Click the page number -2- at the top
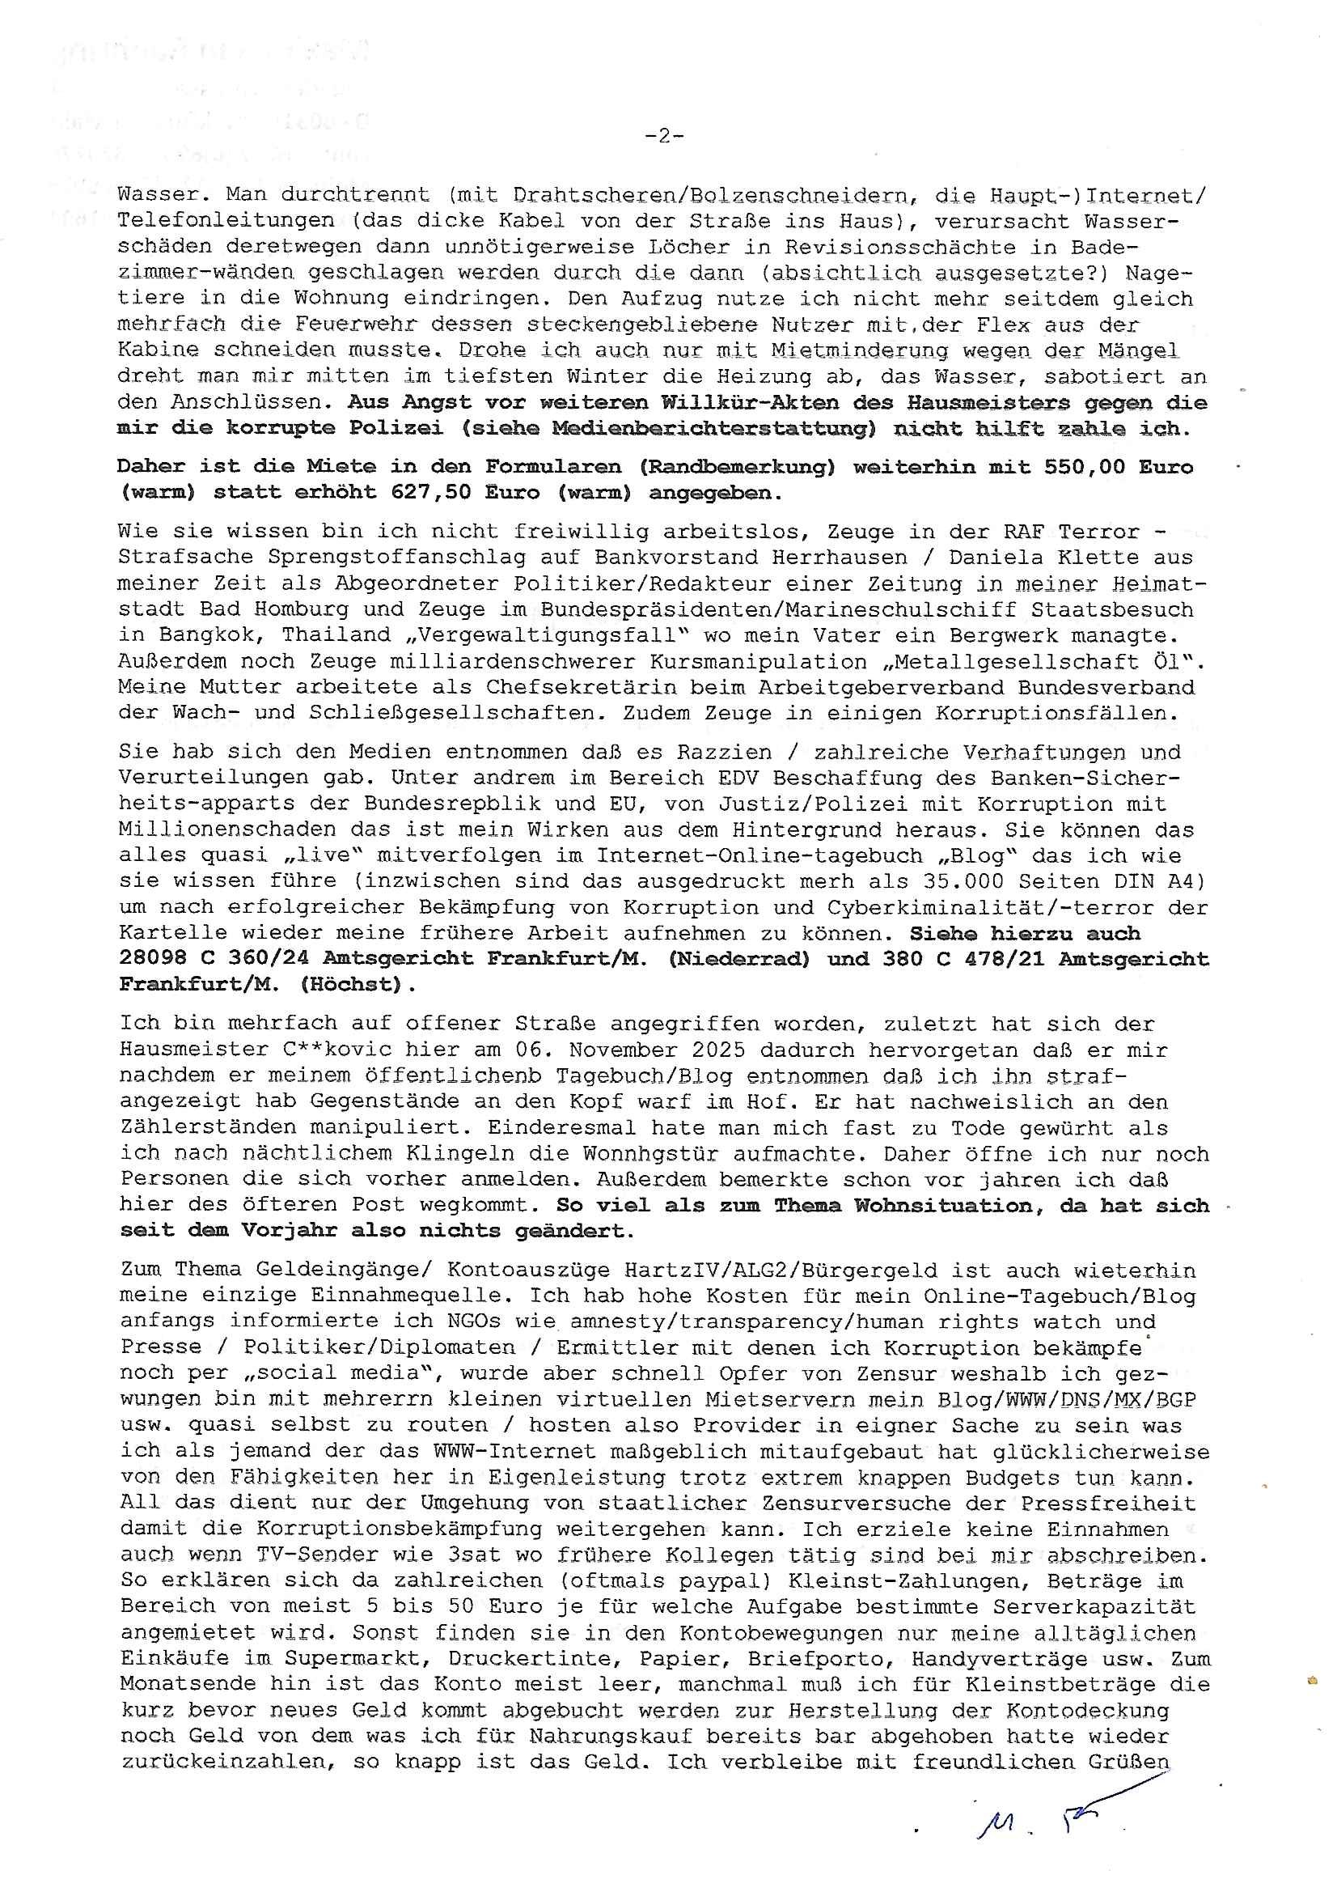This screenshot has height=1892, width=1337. coord(663,137)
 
